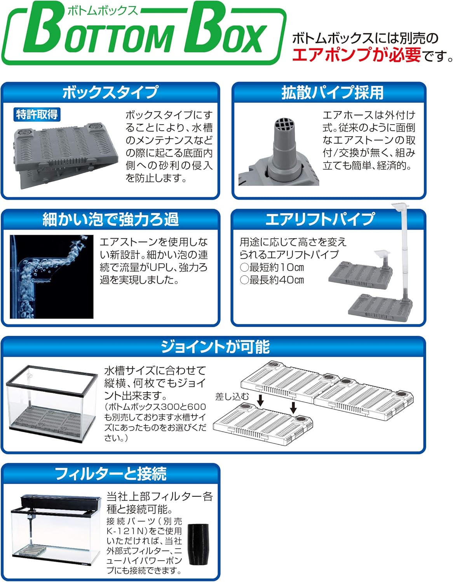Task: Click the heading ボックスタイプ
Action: [x=110, y=93]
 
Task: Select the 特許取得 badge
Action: [x=37, y=114]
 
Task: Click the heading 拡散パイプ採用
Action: [x=332, y=93]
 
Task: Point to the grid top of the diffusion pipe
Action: [x=284, y=125]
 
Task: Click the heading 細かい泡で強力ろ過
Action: [x=110, y=220]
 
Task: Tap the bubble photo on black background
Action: [x=51, y=276]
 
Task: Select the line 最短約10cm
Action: [x=272, y=267]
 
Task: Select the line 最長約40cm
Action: [x=272, y=280]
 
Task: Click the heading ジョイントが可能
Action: [x=215, y=346]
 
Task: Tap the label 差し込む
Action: [x=232, y=396]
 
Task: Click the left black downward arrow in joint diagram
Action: [x=260, y=400]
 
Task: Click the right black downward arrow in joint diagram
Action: [x=294, y=407]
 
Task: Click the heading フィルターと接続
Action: [x=110, y=474]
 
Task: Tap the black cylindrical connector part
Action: [x=198, y=544]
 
